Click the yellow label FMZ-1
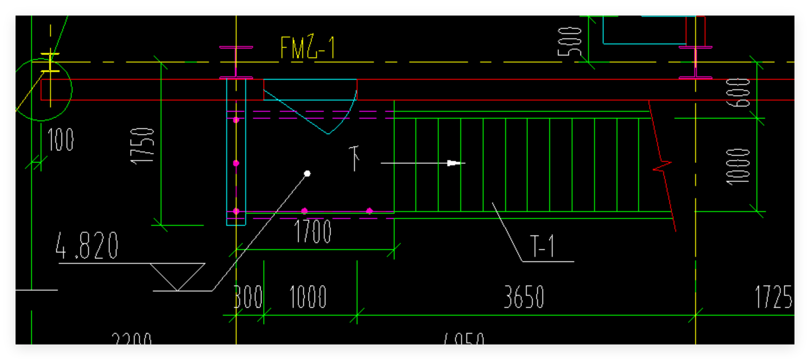tap(307, 48)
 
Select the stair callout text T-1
tap(542, 248)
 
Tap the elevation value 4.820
tap(87, 246)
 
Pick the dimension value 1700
tap(313, 232)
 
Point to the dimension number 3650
tap(523, 298)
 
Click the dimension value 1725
tap(773, 297)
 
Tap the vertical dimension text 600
tap(741, 92)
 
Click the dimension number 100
tap(60, 140)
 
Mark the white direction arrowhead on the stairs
tap(456, 163)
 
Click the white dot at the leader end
tap(307, 173)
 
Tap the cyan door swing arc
tap(345, 115)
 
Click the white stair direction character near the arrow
tap(357, 159)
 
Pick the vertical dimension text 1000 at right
tap(739, 166)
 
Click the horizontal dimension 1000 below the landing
tap(307, 298)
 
